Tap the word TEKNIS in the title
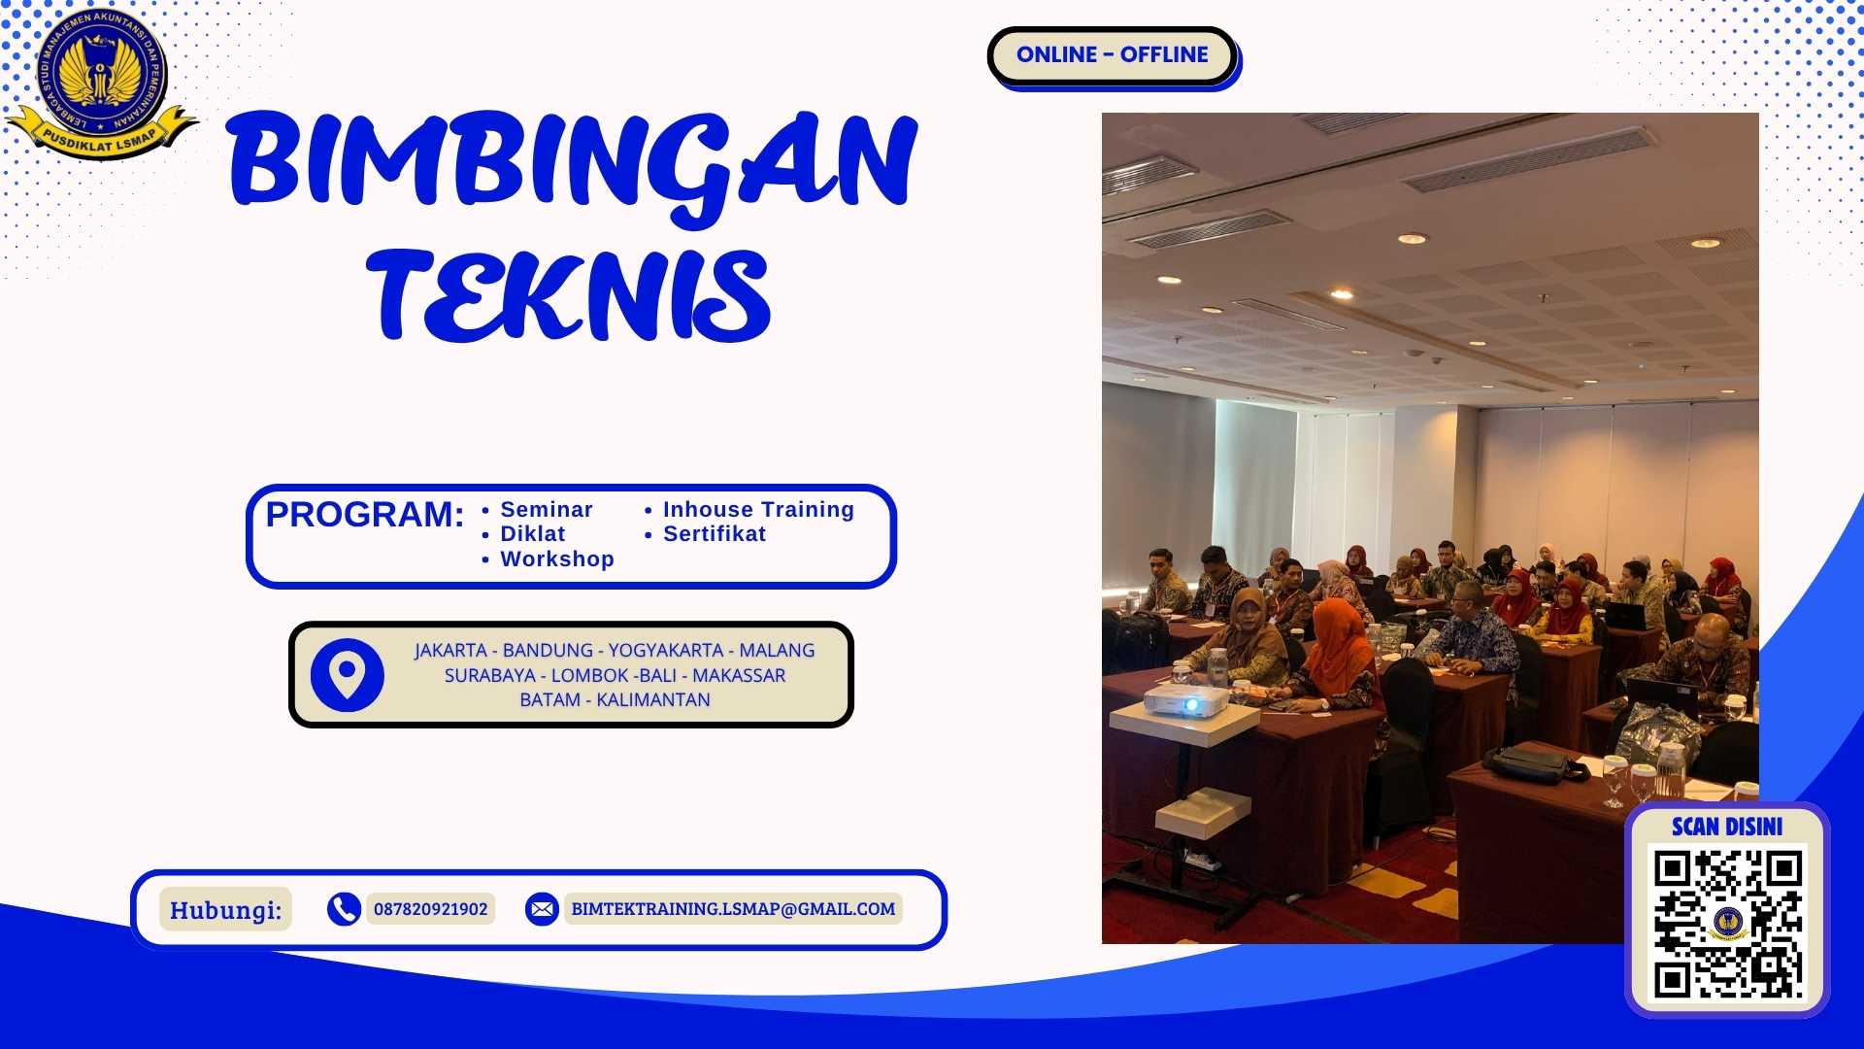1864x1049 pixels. click(570, 294)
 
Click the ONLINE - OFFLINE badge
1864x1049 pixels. click(1112, 55)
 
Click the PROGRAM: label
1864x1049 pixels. click(365, 515)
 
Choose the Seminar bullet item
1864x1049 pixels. click(546, 510)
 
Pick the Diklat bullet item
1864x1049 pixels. click(532, 534)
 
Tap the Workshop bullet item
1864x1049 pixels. click(556, 559)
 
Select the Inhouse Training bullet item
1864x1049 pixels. click(757, 510)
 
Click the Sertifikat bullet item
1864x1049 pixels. click(714, 534)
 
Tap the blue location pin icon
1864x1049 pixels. click(347, 674)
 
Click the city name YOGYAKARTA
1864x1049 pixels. click(665, 651)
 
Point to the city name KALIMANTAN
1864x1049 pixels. click(652, 700)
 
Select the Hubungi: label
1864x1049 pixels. click(225, 910)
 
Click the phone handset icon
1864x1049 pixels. click(344, 909)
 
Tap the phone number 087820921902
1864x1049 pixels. click(430, 909)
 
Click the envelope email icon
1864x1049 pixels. click(542, 909)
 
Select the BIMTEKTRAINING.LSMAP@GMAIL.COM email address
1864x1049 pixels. click(733, 909)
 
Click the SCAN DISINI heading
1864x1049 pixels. click(1727, 827)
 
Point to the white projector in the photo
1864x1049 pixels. click(1186, 700)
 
